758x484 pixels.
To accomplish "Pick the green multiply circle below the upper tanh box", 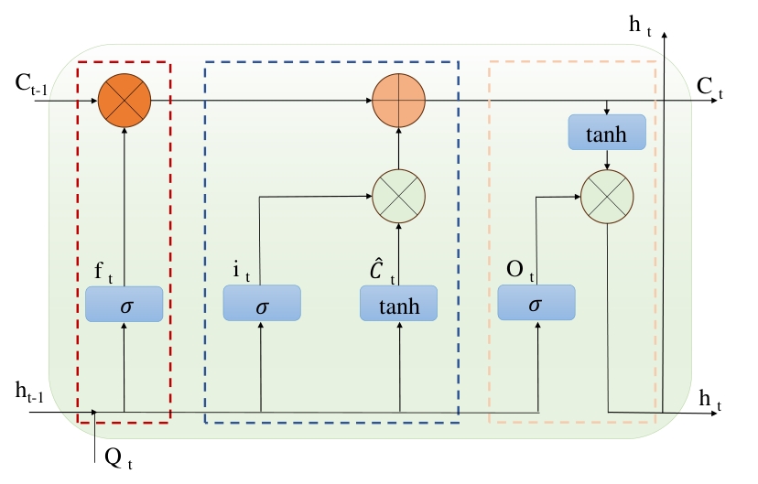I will point(608,196).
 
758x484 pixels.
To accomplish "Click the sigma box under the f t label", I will point(124,304).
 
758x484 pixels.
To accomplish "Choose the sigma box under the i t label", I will point(262,304).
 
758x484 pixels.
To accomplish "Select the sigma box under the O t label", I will point(536,303).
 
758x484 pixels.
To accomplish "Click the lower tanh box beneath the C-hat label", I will point(399,304).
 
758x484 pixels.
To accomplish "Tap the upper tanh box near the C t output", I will point(607,133).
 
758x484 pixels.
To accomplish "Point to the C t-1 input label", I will point(31,84).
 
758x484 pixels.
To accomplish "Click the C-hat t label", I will point(381,271).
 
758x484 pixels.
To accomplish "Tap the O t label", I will point(519,271).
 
